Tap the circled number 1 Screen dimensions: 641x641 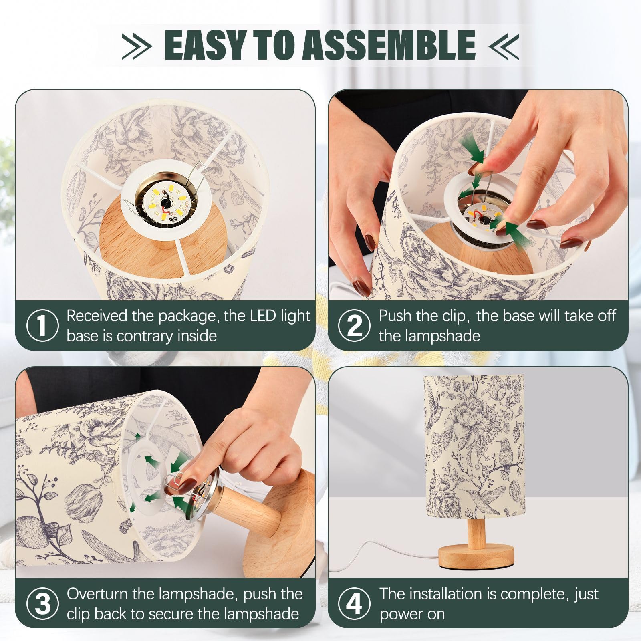pyautogui.click(x=42, y=325)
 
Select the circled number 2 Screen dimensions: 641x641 pyautogui.click(x=354, y=325)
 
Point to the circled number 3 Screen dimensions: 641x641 pyautogui.click(x=42, y=603)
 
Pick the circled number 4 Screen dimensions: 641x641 pyautogui.click(x=354, y=603)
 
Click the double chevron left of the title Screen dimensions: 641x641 pyautogui.click(x=137, y=45)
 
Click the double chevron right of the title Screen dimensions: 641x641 pyautogui.click(x=504, y=45)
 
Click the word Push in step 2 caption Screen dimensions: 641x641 pyautogui.click(x=395, y=316)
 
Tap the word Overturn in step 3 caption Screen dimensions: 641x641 pyautogui.click(x=97, y=594)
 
